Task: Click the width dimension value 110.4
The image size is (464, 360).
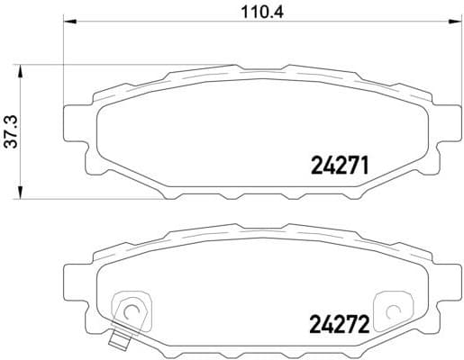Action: pos(255,12)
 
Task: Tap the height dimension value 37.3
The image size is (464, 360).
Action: pos(12,130)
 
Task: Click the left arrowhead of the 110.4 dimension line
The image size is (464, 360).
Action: pos(68,23)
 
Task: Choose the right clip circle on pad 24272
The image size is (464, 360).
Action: pos(392,311)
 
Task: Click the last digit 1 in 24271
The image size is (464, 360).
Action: pos(368,165)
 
